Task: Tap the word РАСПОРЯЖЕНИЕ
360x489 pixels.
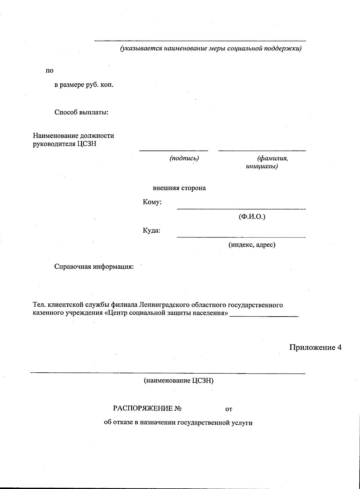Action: coord(143,408)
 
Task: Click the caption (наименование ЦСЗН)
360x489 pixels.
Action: coord(178,381)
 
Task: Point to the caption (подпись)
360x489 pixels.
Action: coord(184,158)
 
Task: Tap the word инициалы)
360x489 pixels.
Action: coord(262,166)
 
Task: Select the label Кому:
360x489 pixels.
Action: coord(152,202)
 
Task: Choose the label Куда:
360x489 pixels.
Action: coord(151,231)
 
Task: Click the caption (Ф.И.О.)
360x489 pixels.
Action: coord(252,216)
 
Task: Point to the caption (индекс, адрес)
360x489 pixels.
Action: coord(252,245)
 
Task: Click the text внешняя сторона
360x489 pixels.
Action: coord(179,188)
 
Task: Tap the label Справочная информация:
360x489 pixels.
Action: coord(94,267)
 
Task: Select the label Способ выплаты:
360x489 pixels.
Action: coord(81,112)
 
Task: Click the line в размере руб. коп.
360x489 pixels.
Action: coord(84,85)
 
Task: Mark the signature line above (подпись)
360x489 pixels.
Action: coord(173,151)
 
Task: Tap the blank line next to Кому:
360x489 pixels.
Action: coord(241,209)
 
